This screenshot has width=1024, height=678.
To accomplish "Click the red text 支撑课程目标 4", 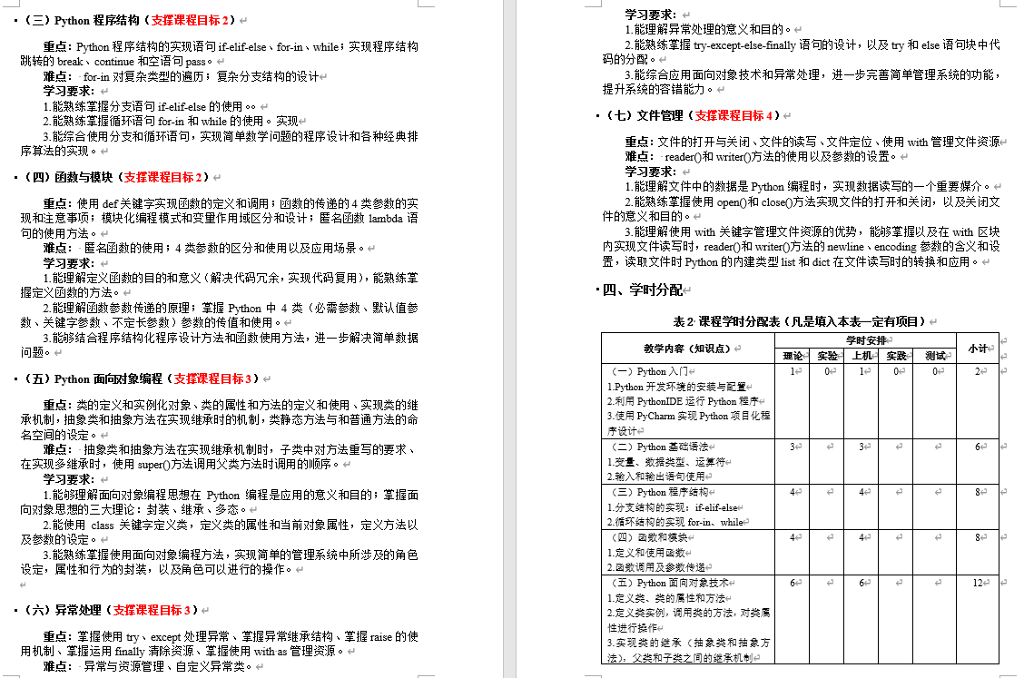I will tap(734, 115).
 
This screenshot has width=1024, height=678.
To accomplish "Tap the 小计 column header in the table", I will tap(977, 347).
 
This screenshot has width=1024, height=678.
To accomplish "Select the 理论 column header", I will tap(792, 356).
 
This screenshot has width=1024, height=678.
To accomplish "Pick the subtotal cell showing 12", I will tap(978, 583).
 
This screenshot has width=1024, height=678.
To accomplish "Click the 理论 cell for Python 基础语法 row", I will tap(793, 447).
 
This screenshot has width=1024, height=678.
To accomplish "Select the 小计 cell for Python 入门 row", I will tap(978, 371).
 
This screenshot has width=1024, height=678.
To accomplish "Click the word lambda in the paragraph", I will tap(386, 219).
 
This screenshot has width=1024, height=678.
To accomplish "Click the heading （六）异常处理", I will tap(63, 610).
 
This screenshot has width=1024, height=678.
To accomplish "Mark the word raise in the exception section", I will tap(381, 636).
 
